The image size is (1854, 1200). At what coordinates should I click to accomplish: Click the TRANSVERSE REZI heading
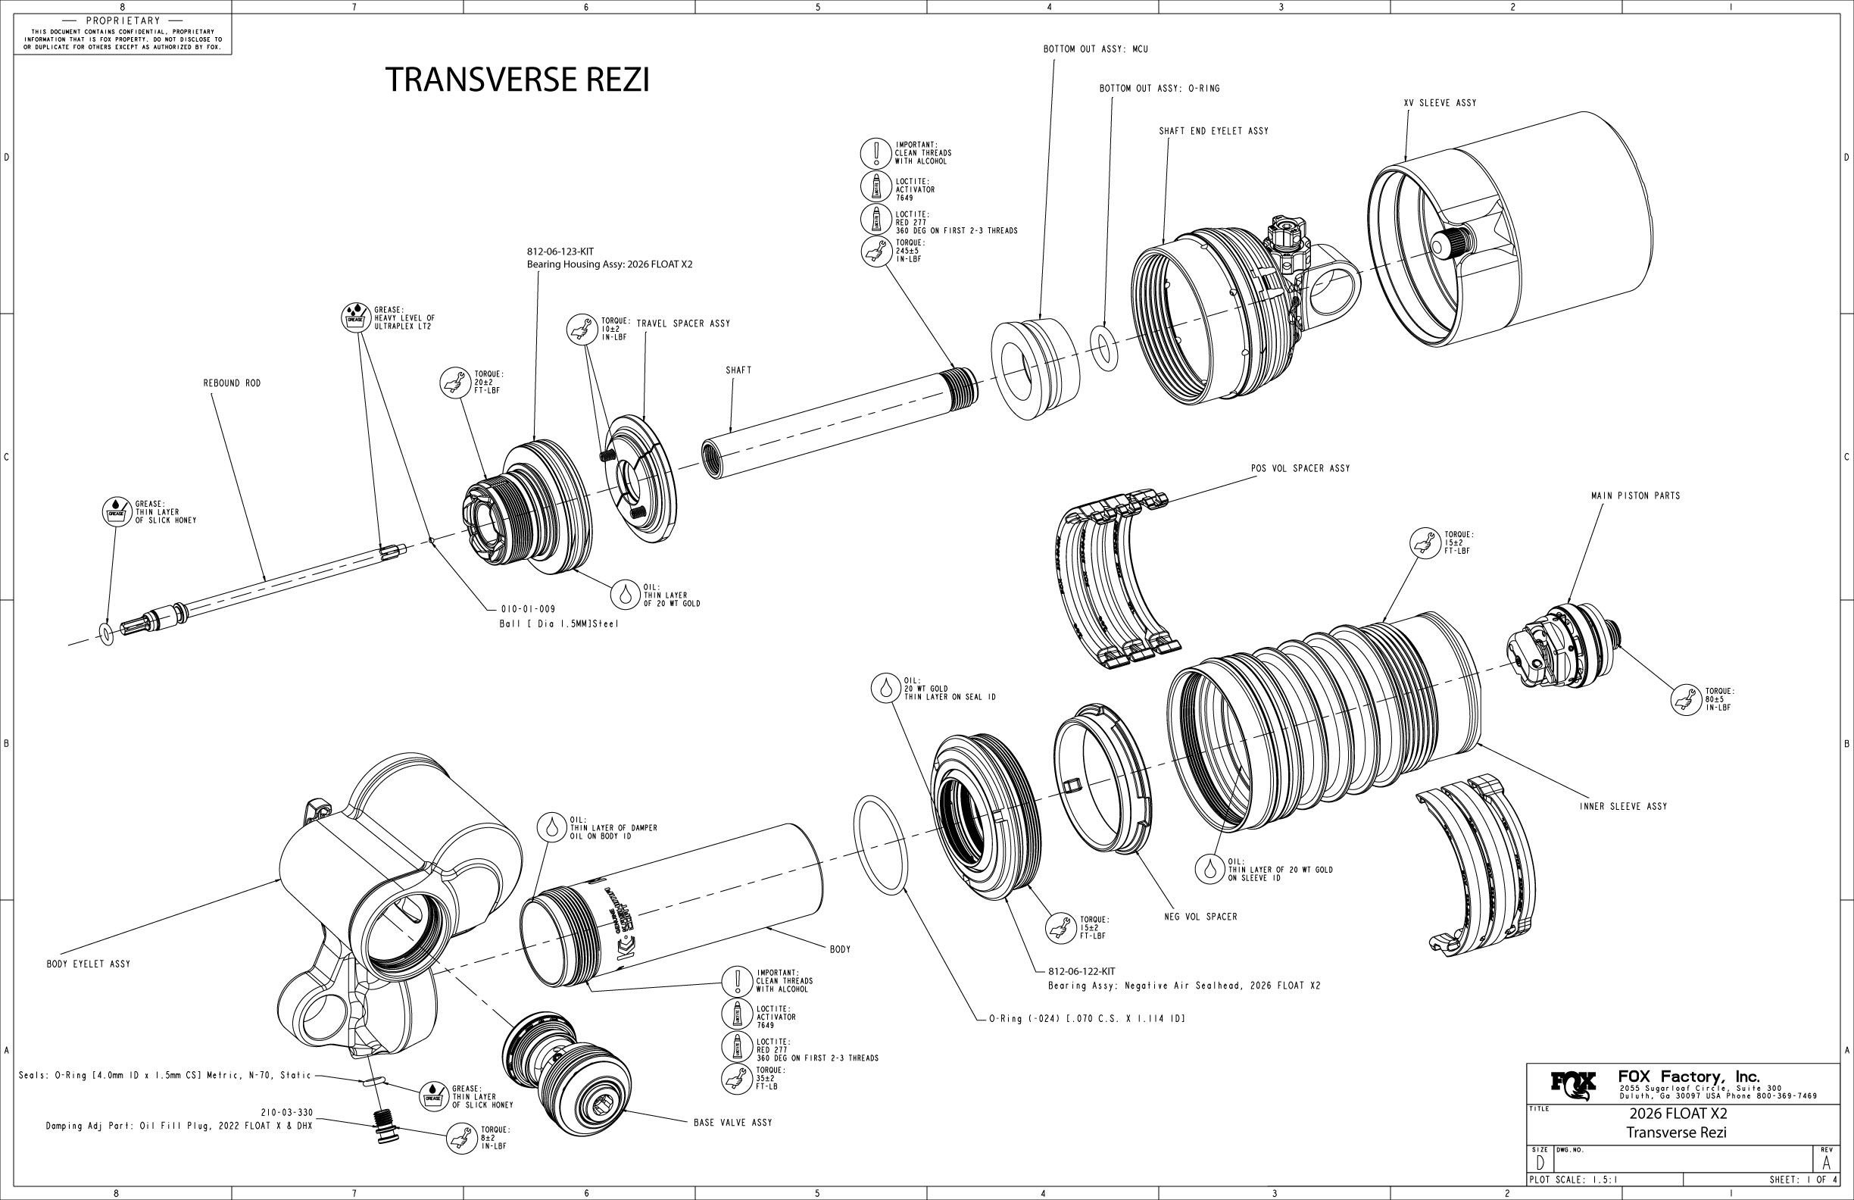517,80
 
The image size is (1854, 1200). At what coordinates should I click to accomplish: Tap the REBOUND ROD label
233,383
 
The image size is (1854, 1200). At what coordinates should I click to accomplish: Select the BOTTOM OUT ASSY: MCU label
1095,49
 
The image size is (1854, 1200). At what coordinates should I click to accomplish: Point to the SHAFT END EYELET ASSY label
1214,131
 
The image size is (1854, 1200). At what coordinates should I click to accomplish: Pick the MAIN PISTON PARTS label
1635,495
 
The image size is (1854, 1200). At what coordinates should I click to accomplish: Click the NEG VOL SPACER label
1200,917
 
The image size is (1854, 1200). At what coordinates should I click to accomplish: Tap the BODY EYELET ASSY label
89,964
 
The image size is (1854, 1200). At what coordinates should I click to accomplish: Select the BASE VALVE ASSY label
733,1123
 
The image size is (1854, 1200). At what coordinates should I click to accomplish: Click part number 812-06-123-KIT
560,252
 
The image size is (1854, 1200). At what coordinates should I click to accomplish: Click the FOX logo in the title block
1574,1083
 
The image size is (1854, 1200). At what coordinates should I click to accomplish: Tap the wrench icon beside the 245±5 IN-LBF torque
876,251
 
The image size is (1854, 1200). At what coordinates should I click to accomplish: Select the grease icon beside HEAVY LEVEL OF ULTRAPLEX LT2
355,318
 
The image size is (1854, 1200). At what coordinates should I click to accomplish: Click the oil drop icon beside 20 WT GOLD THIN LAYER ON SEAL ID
885,688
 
